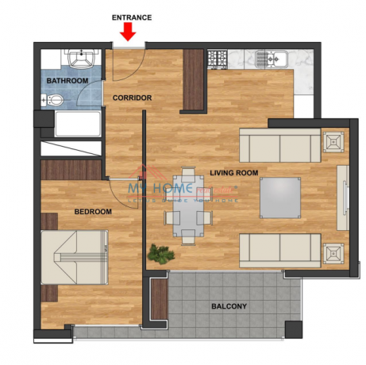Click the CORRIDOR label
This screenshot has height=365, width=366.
(132, 98)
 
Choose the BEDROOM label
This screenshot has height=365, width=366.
(93, 212)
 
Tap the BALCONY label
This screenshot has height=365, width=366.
(229, 306)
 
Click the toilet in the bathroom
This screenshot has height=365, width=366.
(52, 99)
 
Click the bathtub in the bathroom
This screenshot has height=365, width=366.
(77, 124)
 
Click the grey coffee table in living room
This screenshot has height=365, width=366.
(280, 197)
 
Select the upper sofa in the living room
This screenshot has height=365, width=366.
(279, 147)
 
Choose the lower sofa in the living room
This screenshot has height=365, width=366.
(279, 249)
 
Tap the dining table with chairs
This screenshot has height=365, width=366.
(187, 203)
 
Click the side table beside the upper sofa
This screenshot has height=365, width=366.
(333, 140)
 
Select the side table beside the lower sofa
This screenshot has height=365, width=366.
(333, 254)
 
